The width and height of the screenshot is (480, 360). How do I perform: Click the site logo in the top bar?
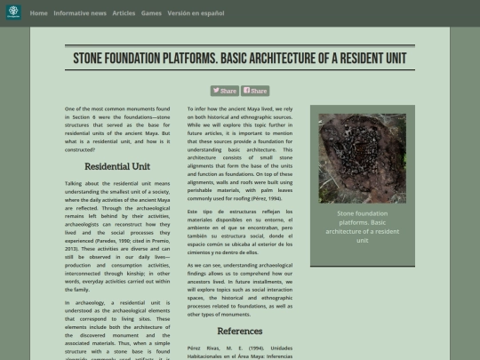click(x=13, y=13)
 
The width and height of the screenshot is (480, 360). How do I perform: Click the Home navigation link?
click(x=38, y=13)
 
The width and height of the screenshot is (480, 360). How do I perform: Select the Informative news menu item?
click(x=80, y=13)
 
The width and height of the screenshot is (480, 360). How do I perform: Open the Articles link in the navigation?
click(x=124, y=13)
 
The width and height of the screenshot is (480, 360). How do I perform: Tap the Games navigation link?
click(x=151, y=13)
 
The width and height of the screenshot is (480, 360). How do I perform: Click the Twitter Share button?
click(x=224, y=91)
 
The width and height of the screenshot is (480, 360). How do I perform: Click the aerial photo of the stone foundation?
click(x=362, y=157)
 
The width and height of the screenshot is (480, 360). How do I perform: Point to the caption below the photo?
click(x=362, y=227)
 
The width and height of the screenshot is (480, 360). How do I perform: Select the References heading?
click(x=240, y=331)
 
